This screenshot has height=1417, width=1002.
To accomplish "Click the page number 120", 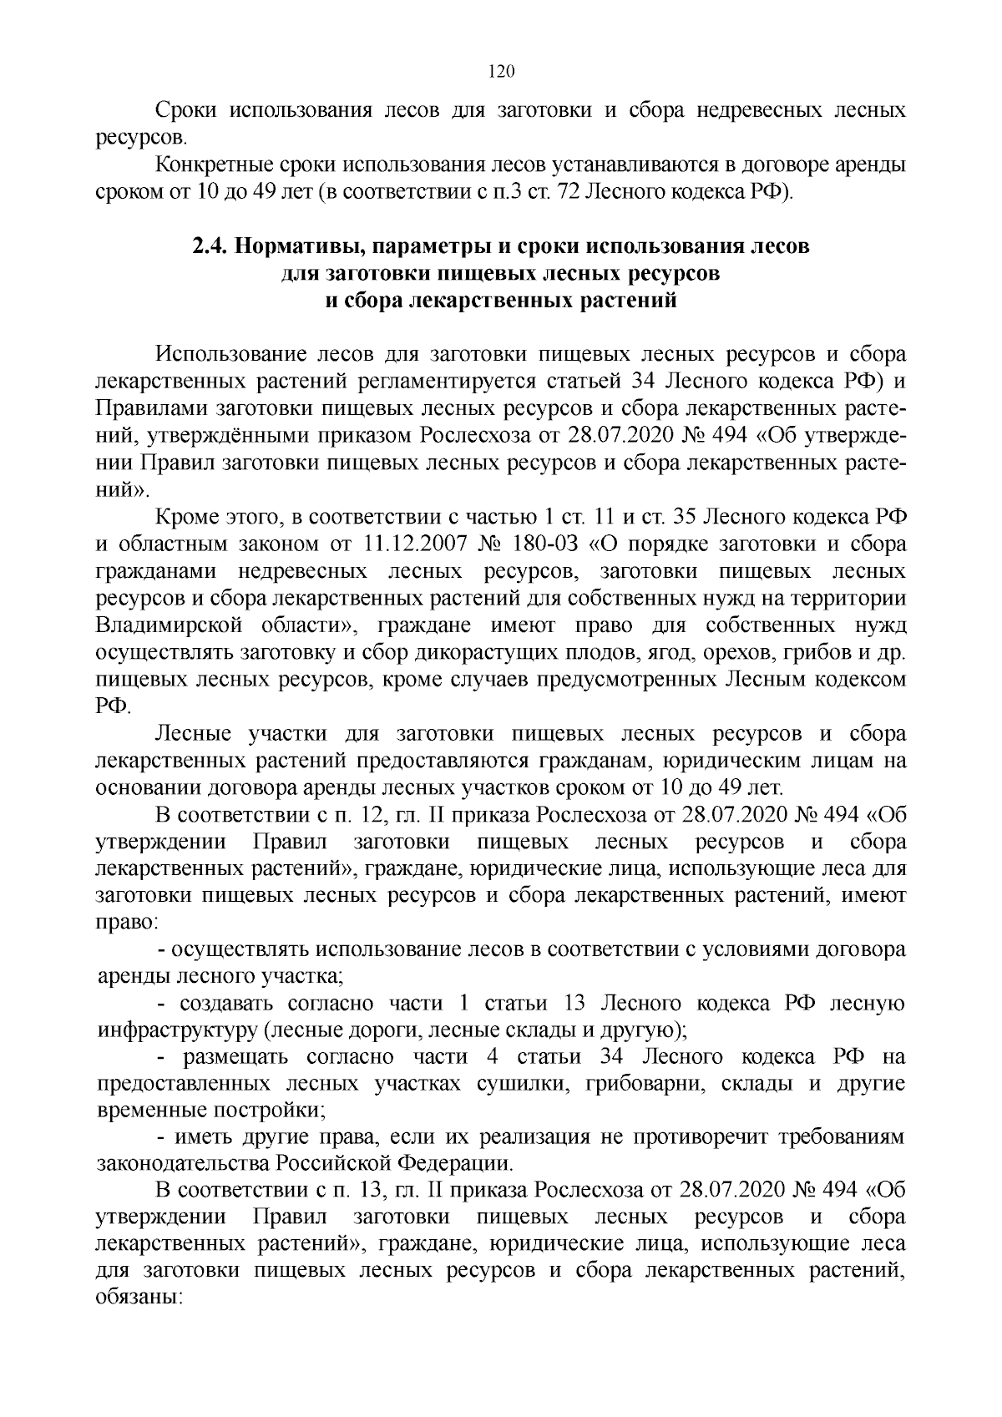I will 500,71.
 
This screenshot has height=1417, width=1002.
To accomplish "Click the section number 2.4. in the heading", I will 210,246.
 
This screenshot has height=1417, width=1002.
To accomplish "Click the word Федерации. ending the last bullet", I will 452,1165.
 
